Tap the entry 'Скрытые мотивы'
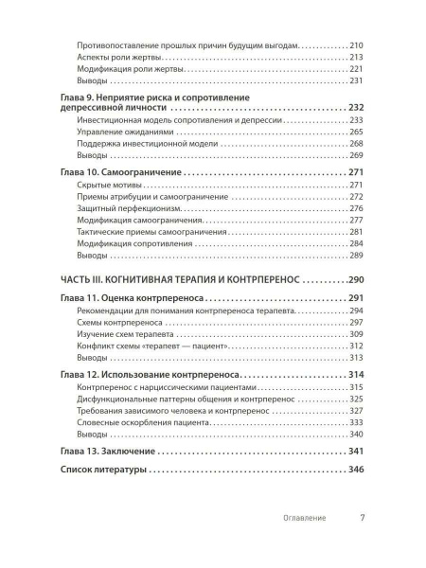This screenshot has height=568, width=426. point(106,184)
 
